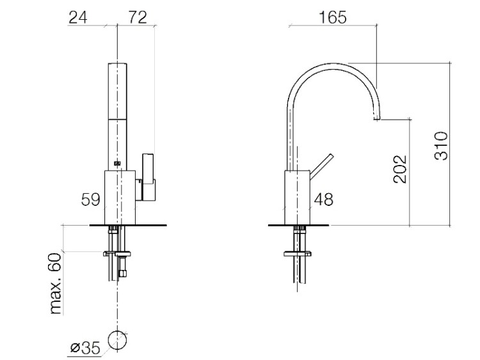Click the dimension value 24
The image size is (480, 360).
click(77, 17)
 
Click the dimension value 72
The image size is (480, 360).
click(138, 17)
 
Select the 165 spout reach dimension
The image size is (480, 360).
click(333, 17)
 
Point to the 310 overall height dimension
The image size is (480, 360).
click(441, 145)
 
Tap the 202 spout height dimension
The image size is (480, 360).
click(400, 169)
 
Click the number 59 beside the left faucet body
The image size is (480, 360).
click(90, 200)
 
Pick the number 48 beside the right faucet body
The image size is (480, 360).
click(324, 200)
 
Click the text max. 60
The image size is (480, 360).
click(56, 283)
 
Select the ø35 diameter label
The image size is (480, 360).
click(85, 348)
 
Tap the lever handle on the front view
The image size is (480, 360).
click(148, 177)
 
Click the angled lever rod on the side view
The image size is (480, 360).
click(321, 166)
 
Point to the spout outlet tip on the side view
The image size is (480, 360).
click(377, 118)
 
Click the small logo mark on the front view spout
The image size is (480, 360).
click(117, 163)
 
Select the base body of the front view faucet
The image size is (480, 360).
click(120, 198)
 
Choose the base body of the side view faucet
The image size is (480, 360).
click(297, 198)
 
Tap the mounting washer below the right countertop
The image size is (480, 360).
click(298, 254)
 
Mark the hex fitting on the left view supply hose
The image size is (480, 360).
click(122, 273)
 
